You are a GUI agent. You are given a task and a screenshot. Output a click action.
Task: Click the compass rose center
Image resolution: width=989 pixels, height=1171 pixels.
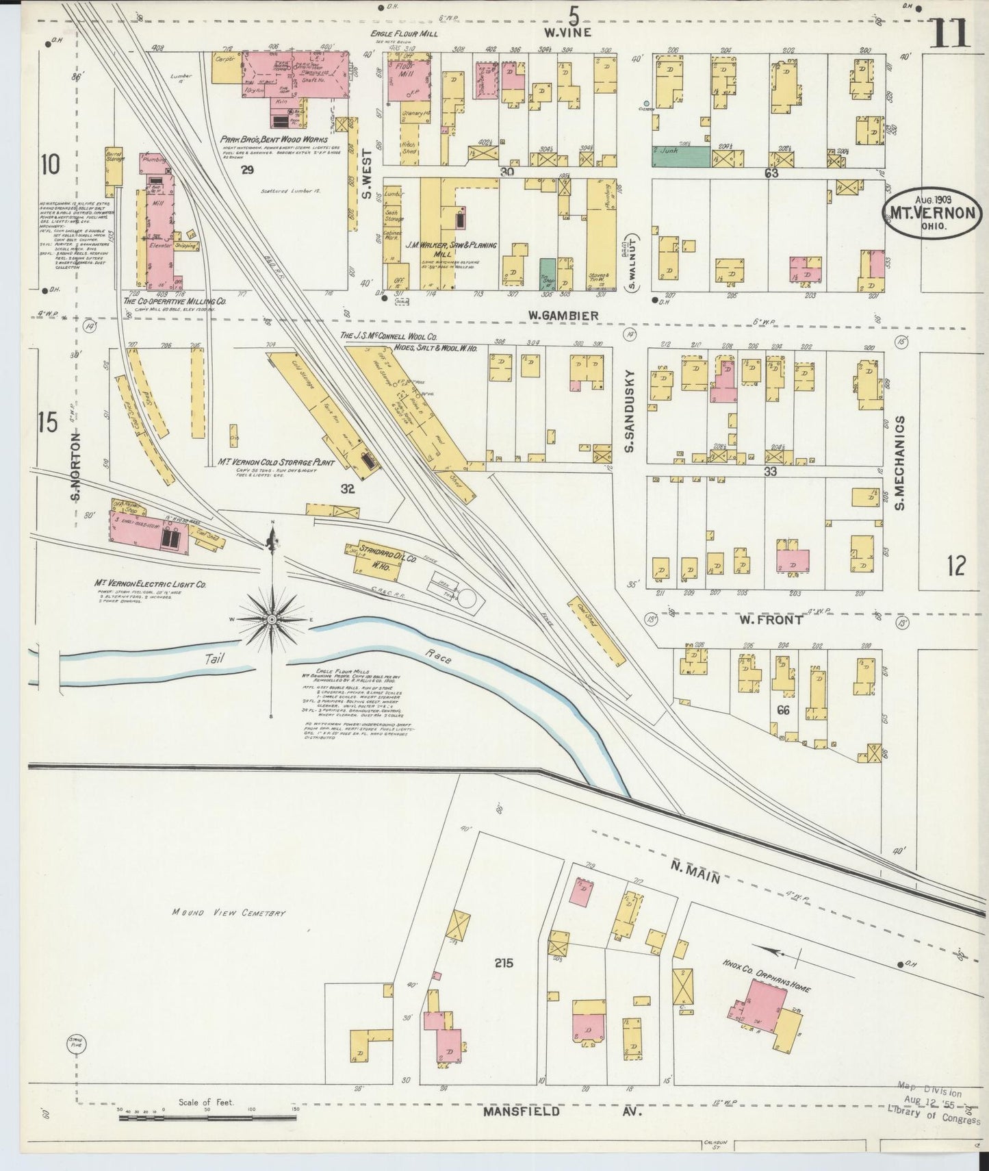[x=272, y=620]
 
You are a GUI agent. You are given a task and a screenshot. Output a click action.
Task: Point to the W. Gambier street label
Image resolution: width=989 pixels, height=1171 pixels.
[x=563, y=315]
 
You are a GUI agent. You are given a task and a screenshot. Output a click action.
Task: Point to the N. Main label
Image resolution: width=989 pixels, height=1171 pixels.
[x=694, y=873]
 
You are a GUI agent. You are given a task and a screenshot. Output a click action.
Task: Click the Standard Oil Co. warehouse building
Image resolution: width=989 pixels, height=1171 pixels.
[x=368, y=559]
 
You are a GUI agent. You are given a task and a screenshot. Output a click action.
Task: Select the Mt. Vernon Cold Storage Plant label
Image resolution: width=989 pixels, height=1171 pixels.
[x=275, y=463]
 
